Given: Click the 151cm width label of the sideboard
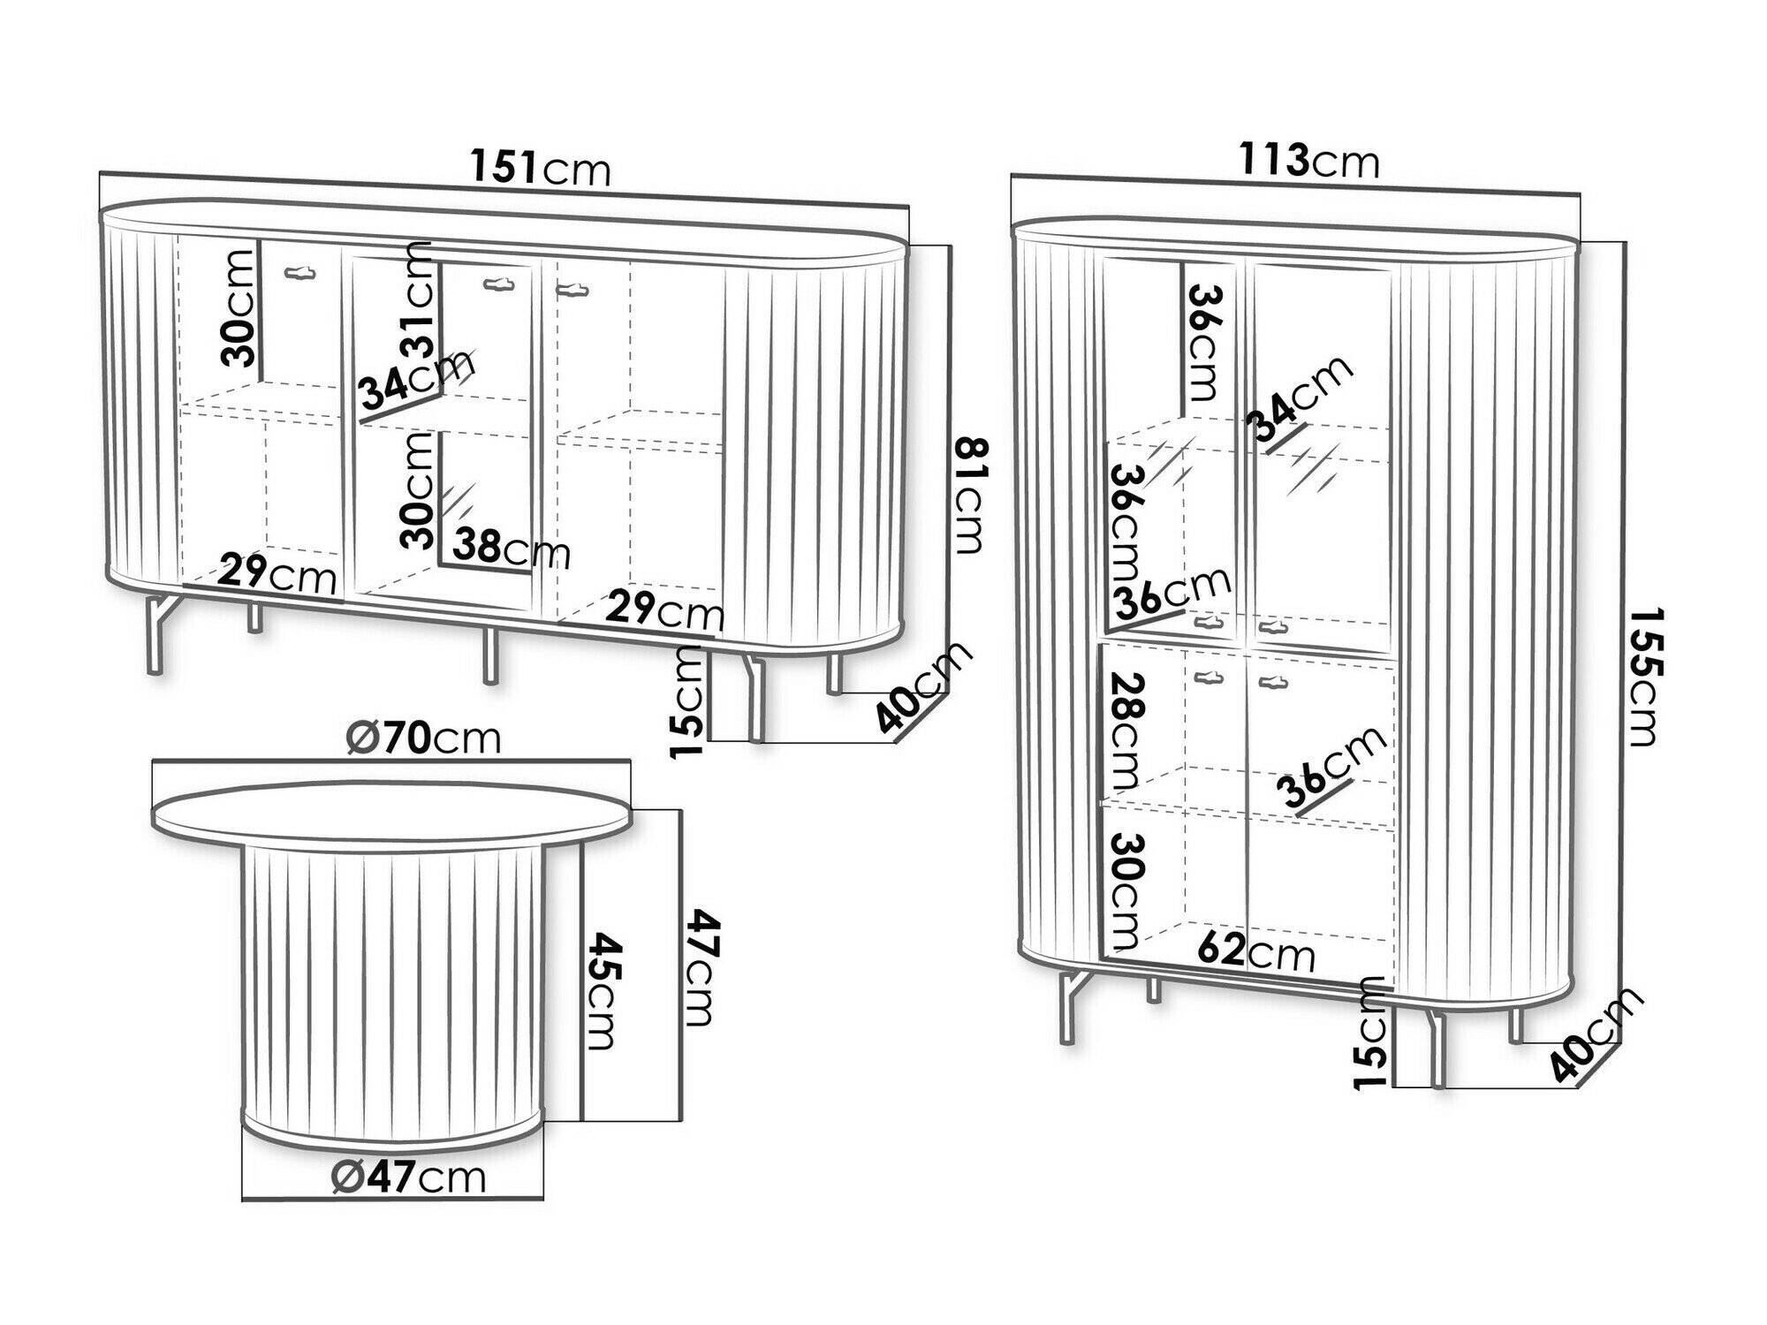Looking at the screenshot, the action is (x=540, y=168).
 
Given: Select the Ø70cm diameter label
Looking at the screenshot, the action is (x=423, y=738).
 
